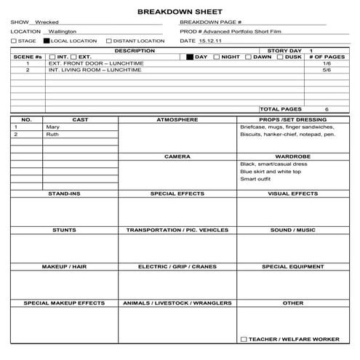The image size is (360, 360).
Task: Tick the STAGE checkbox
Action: click(x=14, y=41)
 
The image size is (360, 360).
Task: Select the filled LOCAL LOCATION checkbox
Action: click(x=47, y=41)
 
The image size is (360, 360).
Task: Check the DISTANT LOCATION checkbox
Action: click(x=108, y=41)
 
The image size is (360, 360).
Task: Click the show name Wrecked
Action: click(x=47, y=23)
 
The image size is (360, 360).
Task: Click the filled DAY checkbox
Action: click(x=191, y=57)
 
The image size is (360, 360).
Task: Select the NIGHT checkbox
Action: click(x=217, y=57)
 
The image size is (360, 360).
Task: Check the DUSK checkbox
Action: click(x=279, y=57)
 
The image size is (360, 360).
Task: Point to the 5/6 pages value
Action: click(x=327, y=71)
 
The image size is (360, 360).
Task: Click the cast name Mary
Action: click(x=52, y=127)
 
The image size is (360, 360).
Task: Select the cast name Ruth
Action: click(x=52, y=135)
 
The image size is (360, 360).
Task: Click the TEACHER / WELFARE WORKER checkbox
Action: click(x=244, y=340)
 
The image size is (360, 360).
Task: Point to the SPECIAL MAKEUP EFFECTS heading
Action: click(x=64, y=303)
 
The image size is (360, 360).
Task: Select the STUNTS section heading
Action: click(x=64, y=230)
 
